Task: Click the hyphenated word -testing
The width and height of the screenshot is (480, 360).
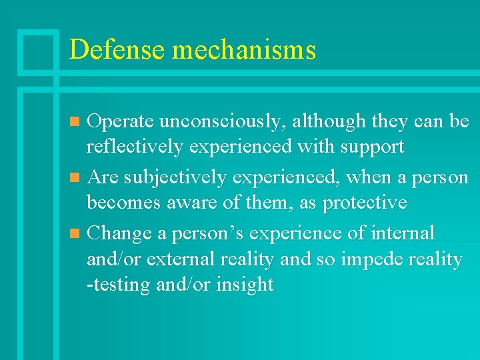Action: tap(119, 285)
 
